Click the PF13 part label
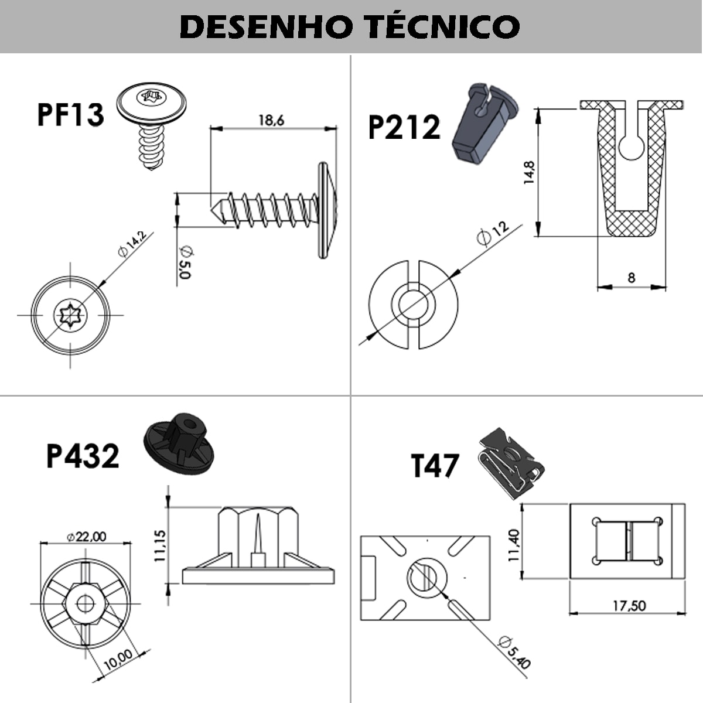click(x=70, y=114)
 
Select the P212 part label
click(x=404, y=128)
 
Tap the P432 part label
click(x=83, y=456)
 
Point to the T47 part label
click(x=434, y=466)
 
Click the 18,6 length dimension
click(x=271, y=120)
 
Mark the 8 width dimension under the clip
click(x=631, y=277)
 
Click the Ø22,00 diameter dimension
click(x=86, y=536)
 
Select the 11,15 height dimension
click(x=160, y=547)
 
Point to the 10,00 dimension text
click(x=118, y=661)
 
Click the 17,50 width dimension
click(x=629, y=605)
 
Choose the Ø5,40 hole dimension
click(x=516, y=651)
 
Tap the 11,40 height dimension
click(x=514, y=545)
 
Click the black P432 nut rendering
click(x=179, y=443)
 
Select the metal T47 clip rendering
click(x=511, y=462)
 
